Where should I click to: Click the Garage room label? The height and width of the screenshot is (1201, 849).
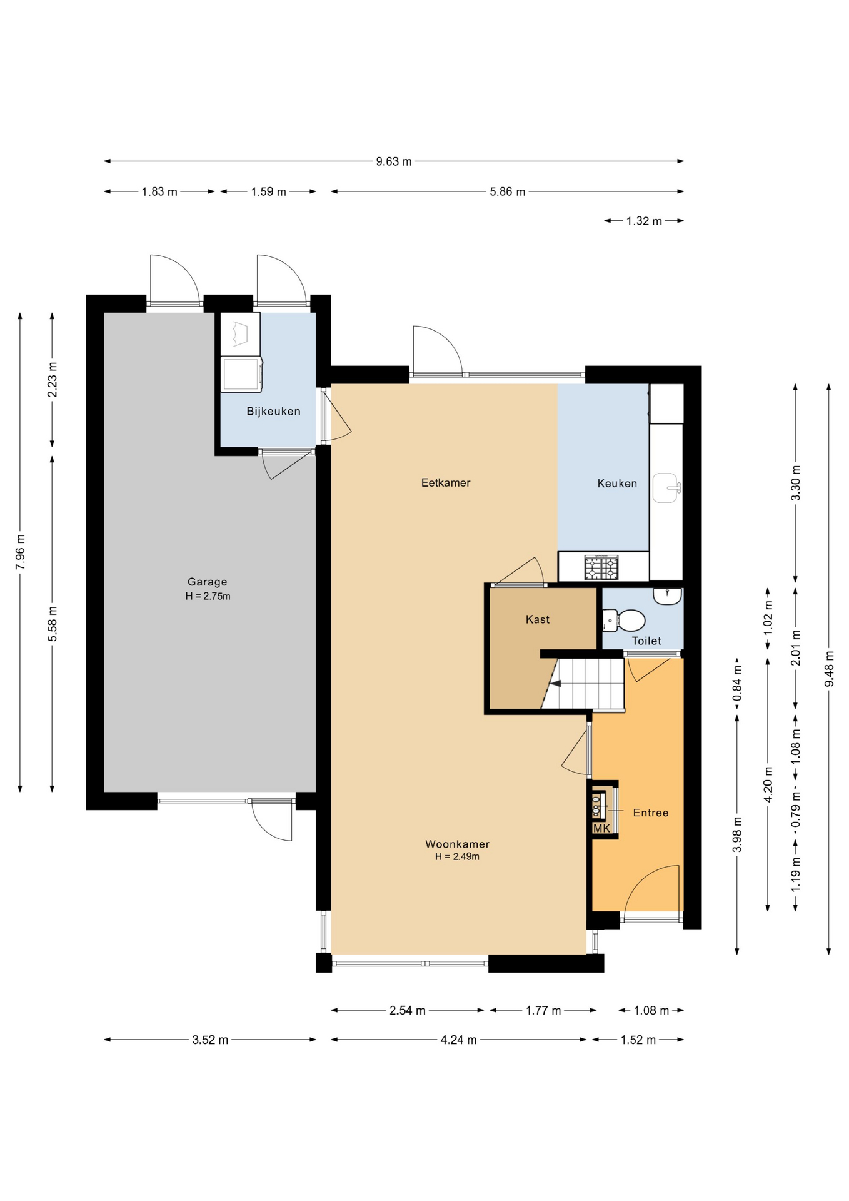click(x=207, y=582)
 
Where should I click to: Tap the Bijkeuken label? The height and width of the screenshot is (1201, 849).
click(x=273, y=411)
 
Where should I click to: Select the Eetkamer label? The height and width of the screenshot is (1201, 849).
click(x=445, y=482)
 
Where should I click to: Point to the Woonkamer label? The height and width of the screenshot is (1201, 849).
click(x=457, y=844)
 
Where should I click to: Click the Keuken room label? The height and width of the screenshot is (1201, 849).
click(x=617, y=483)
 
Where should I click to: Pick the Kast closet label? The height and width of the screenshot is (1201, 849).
click(x=538, y=619)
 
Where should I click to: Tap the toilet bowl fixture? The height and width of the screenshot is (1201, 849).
click(x=624, y=621)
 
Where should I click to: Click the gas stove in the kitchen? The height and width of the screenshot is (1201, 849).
click(x=601, y=567)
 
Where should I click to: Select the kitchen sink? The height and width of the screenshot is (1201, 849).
click(x=666, y=488)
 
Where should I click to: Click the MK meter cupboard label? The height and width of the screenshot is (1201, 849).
click(x=601, y=828)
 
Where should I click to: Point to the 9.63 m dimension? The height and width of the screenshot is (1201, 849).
click(x=394, y=161)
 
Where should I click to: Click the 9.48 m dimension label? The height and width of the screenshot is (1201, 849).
click(x=829, y=669)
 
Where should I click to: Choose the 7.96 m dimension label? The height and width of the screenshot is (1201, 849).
click(x=20, y=552)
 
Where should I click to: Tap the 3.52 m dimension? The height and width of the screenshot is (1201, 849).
click(x=210, y=1040)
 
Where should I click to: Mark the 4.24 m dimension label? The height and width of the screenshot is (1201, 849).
click(x=458, y=1040)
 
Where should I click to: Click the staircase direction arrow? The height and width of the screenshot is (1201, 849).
click(x=555, y=684)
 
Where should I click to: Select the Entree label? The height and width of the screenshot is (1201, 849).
click(x=651, y=813)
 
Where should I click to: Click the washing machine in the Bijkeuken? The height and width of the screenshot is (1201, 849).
click(x=241, y=374)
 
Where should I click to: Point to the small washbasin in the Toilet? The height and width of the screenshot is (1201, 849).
click(x=667, y=595)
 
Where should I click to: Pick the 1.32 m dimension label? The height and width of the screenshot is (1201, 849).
click(x=644, y=221)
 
